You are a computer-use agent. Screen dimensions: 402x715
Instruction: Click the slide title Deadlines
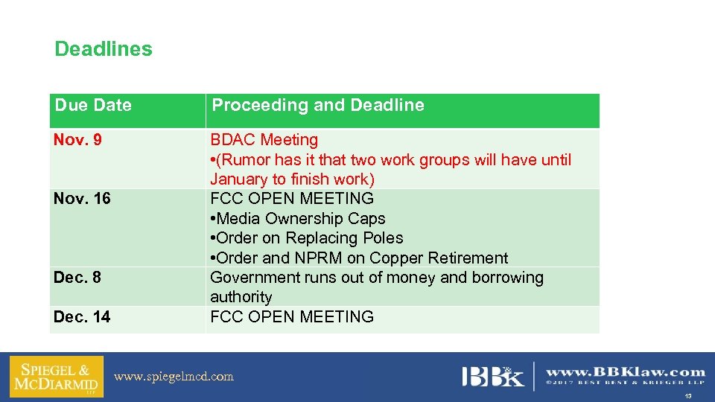pos(104,49)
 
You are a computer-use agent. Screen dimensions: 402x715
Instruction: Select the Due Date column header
pos(93,105)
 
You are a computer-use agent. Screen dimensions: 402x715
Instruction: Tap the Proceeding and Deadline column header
pos(318,105)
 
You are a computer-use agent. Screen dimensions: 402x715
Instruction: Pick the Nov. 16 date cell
pos(82,199)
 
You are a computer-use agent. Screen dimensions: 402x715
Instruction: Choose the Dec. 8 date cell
pos(77,278)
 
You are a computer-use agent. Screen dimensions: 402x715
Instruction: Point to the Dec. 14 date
pos(82,317)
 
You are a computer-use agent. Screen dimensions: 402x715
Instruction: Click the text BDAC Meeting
pos(264,140)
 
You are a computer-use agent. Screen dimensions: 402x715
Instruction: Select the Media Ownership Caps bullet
pos(298,219)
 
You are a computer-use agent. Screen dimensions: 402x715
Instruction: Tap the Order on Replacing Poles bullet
pos(307,238)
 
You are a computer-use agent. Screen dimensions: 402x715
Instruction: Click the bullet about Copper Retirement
pos(359,258)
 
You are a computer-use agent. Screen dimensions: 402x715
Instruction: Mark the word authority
pos(241,297)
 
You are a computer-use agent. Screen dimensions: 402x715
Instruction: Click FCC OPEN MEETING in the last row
pos(292,317)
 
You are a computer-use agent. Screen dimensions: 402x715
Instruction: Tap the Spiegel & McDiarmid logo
pos(57,376)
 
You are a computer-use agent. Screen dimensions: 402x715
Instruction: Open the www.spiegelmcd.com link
pos(174,377)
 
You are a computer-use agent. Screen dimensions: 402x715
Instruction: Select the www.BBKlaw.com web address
pos(626,371)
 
